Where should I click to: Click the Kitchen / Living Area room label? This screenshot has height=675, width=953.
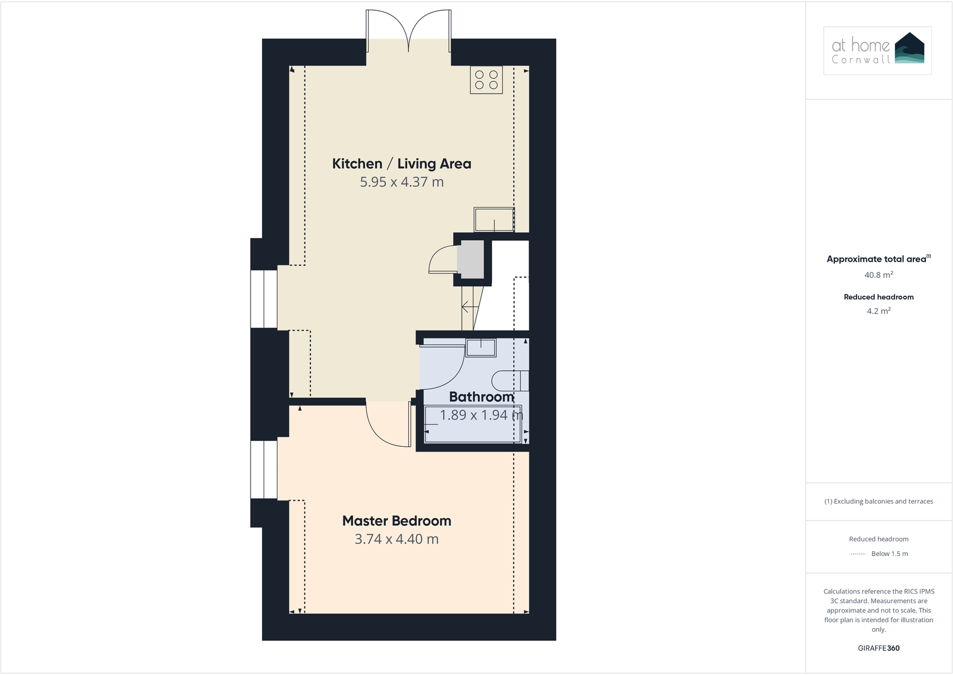[402, 164]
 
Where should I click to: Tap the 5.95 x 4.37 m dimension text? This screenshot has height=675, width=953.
[402, 182]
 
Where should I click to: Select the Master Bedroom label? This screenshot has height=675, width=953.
[397, 521]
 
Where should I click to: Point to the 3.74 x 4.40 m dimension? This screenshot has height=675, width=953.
[397, 539]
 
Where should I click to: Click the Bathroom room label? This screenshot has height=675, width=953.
[481, 396]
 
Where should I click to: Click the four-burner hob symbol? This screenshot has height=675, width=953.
[486, 80]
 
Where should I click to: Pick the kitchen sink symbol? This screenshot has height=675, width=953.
[494, 220]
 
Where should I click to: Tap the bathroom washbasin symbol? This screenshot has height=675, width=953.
[481, 347]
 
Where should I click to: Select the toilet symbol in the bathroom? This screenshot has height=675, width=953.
[509, 380]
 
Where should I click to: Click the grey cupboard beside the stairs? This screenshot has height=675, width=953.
[470, 259]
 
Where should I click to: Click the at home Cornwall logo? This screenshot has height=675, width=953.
[877, 51]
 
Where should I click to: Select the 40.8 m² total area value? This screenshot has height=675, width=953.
[879, 276]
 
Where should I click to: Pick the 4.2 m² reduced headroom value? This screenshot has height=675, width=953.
[879, 311]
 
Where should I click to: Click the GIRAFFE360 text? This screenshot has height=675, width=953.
[879, 648]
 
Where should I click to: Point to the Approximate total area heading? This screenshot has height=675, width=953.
[877, 259]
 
